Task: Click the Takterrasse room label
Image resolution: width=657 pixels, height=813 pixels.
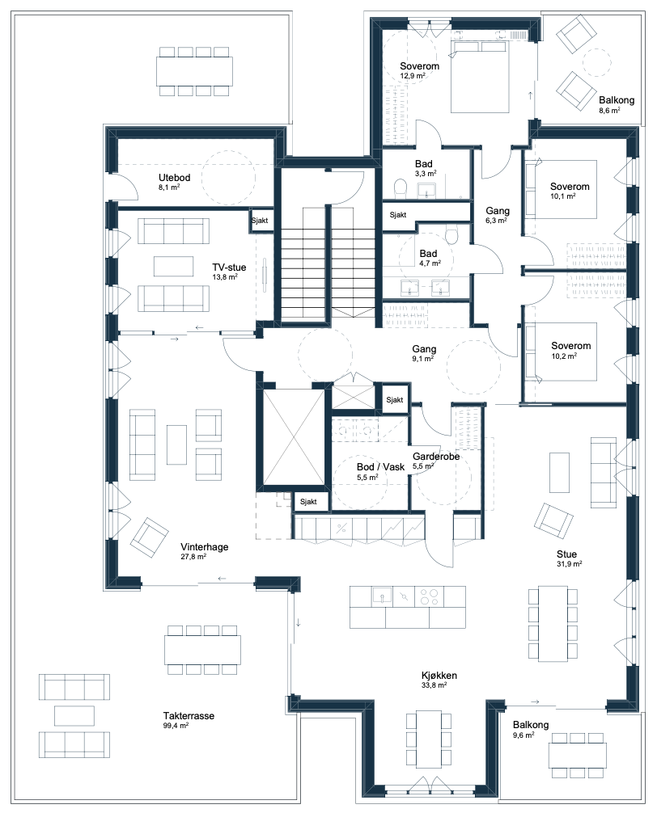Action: point(189,715)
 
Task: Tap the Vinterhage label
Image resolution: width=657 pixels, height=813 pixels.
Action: point(205,546)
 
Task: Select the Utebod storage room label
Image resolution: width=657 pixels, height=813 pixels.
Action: point(175,177)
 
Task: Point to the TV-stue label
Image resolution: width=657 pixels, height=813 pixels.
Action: point(229,267)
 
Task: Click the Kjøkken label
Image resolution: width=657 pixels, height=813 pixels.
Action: point(439,675)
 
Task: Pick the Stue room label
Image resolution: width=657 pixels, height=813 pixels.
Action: point(566,554)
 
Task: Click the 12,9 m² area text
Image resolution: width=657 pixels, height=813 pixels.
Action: point(413,76)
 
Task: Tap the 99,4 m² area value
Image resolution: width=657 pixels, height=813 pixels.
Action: point(176,726)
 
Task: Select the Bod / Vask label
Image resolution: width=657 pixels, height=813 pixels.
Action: point(380,466)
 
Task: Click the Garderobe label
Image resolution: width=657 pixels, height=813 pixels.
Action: point(436,457)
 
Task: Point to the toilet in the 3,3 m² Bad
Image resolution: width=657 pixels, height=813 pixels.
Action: point(401,188)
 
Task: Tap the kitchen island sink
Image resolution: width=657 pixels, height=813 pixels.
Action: point(382,596)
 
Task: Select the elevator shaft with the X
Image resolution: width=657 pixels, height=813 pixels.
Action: point(293,437)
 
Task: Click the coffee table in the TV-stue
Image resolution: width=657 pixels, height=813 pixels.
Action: point(173,266)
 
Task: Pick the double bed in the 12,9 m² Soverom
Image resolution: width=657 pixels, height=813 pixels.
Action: point(479,77)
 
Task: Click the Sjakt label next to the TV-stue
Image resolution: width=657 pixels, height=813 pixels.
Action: point(260,221)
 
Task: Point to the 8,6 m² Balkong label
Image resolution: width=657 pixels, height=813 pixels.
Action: point(617,100)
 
